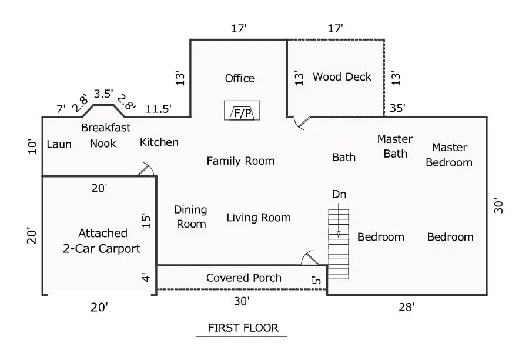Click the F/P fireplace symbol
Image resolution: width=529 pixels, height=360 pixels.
(x=242, y=111)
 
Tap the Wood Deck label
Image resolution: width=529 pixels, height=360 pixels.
(x=341, y=77)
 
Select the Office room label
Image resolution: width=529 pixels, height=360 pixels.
(x=240, y=78)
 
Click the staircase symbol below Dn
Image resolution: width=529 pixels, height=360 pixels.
(x=339, y=244)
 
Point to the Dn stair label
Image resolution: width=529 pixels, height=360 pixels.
(x=339, y=194)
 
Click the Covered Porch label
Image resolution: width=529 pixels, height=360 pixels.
(x=243, y=278)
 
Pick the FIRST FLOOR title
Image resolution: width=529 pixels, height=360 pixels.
(x=243, y=328)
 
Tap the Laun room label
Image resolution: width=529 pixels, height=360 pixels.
(x=59, y=144)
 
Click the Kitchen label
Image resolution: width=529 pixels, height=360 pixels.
(x=159, y=142)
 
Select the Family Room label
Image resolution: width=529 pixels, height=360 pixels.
(x=240, y=161)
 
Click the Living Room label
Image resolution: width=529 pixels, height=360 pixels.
(x=259, y=218)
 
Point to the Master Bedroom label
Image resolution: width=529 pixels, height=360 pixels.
(x=449, y=155)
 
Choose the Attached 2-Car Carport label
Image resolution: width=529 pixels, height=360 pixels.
(x=102, y=241)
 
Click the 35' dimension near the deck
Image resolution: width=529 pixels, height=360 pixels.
(x=397, y=108)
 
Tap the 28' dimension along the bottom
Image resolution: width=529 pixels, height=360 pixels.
(x=406, y=307)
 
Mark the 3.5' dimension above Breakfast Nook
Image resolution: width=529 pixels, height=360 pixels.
(x=103, y=94)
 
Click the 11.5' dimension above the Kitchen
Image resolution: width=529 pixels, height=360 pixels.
(x=158, y=109)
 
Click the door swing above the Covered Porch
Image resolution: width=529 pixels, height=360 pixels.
(x=309, y=258)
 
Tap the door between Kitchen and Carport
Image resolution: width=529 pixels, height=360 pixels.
(x=146, y=169)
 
